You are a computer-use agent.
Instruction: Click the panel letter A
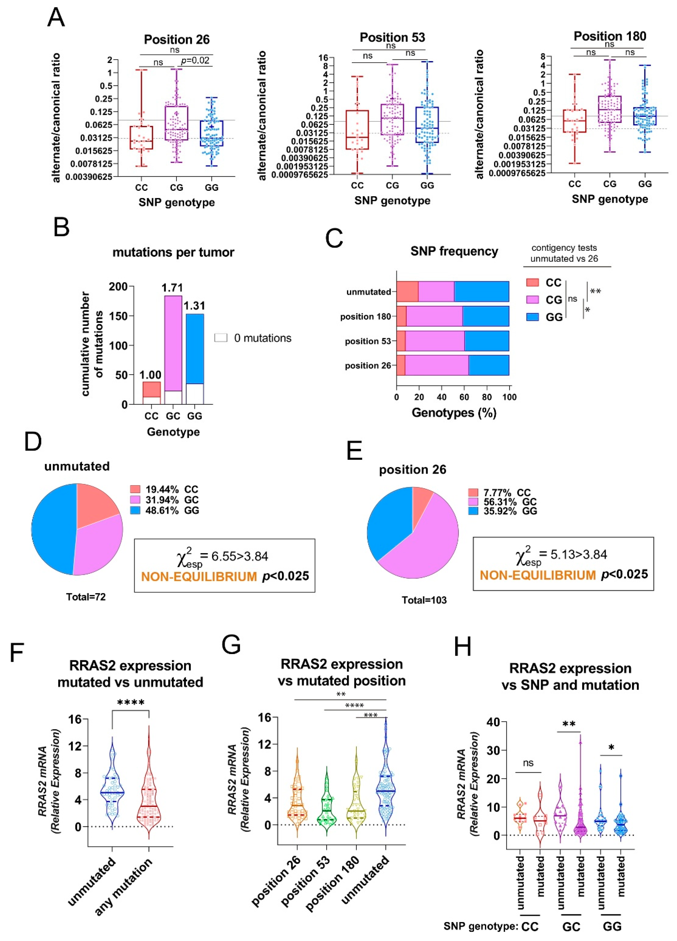click(x=56, y=18)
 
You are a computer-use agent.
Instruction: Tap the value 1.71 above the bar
click(x=172, y=287)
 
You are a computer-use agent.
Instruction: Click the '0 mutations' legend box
click(x=221, y=338)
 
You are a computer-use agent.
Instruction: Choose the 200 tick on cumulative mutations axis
click(x=118, y=287)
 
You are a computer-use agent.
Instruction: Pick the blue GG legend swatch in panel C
click(x=533, y=317)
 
